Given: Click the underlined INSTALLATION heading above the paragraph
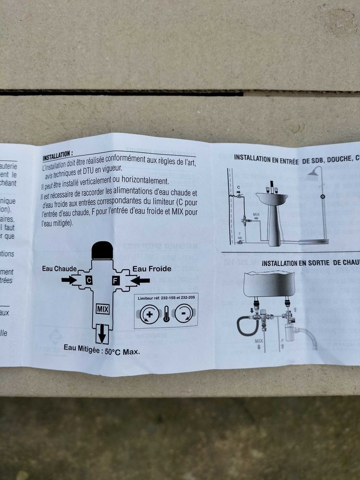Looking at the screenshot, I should (x=58, y=157).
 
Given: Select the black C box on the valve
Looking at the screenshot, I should (x=89, y=280).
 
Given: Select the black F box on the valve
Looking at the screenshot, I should (x=115, y=280).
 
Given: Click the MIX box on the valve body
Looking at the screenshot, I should (x=102, y=309).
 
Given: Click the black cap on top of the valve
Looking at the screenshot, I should (x=102, y=251).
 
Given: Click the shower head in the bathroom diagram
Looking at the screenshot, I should (x=312, y=176).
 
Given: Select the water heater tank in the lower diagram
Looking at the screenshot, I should (x=269, y=284).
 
